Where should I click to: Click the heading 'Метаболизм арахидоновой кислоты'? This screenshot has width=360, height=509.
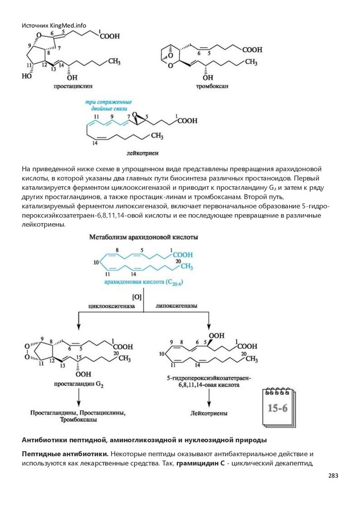[x=144, y=238]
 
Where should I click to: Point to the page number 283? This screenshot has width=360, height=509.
[x=333, y=476]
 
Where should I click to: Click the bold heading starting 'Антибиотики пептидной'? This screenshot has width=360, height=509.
[x=144, y=440]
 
